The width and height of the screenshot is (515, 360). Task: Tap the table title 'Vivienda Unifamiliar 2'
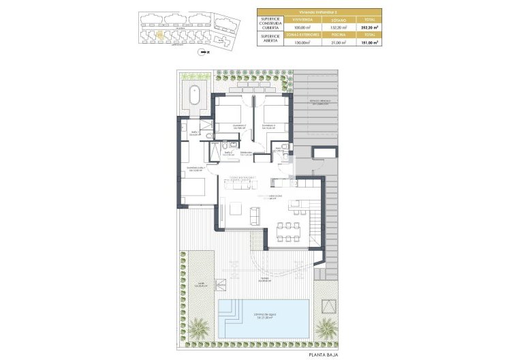[319, 12]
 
